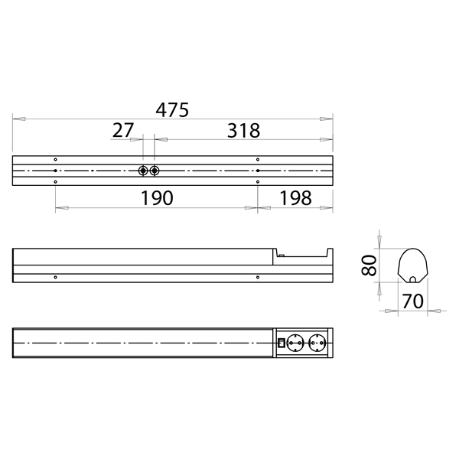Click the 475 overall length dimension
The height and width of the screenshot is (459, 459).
[172, 109]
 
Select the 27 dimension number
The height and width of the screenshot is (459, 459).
[123, 130]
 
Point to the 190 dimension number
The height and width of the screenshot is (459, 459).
[157, 197]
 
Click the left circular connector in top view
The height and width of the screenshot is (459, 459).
[143, 170]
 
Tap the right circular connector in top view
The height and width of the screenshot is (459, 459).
[155, 170]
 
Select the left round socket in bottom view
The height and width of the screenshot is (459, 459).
[295, 343]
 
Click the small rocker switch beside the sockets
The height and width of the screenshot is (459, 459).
[281, 343]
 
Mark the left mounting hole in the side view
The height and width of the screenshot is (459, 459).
[56, 276]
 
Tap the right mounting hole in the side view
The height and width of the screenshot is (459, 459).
[258, 276]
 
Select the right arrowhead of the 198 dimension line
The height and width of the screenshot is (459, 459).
[329, 207]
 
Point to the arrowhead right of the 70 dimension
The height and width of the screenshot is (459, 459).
[436, 311]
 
